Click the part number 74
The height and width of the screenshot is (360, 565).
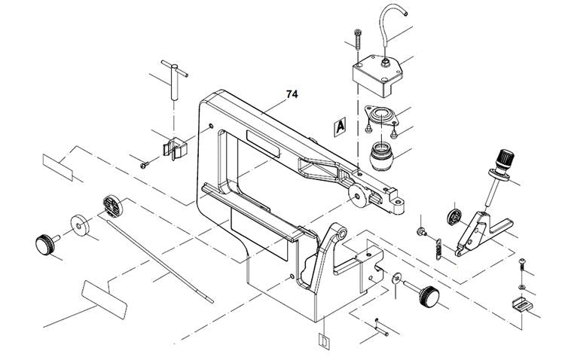click(292, 95)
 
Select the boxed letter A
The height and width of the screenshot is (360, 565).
click(340, 127)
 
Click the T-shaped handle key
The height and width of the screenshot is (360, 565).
click(176, 81)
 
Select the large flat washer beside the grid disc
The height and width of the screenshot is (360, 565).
click(78, 224)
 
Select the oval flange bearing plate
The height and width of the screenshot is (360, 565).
click(382, 117)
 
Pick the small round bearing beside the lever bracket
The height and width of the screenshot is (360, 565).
click(455, 215)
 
